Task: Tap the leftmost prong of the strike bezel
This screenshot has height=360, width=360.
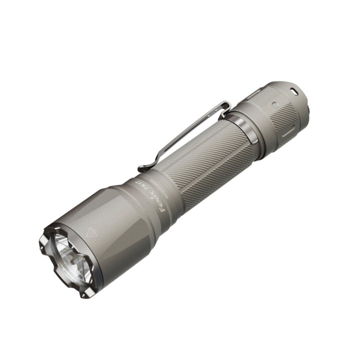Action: pyautogui.click(x=43, y=246)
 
